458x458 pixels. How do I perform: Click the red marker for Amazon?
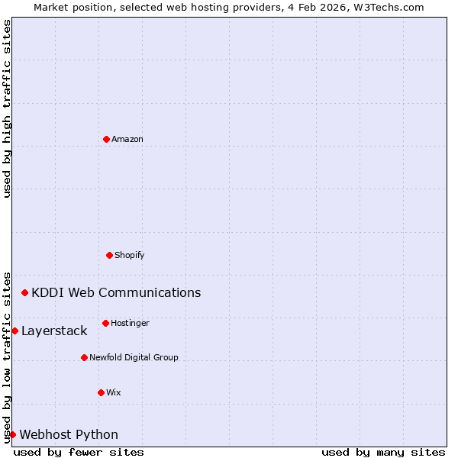(x=106, y=139)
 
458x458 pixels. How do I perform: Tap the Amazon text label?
(x=127, y=139)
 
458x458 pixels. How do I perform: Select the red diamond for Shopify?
(x=109, y=255)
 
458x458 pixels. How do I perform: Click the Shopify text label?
(x=129, y=255)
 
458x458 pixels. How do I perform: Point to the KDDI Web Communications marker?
(x=24, y=292)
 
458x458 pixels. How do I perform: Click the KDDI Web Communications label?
(x=116, y=292)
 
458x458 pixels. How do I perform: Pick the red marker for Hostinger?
(x=105, y=323)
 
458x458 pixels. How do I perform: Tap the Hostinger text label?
(x=130, y=323)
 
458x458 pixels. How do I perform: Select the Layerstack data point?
(x=15, y=331)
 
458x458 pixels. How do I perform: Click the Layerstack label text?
(x=54, y=331)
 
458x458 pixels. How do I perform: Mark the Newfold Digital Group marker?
(x=84, y=357)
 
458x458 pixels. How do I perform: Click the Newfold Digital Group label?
(x=134, y=357)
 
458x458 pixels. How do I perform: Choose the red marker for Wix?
(x=101, y=392)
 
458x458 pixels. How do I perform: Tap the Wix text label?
(x=113, y=392)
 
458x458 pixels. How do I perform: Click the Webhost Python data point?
(x=12, y=434)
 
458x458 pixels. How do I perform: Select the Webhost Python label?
(x=69, y=434)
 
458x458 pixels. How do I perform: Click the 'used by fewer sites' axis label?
(x=79, y=452)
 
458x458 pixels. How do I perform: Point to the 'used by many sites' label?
(x=383, y=452)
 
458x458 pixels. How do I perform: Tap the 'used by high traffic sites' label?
(x=7, y=108)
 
